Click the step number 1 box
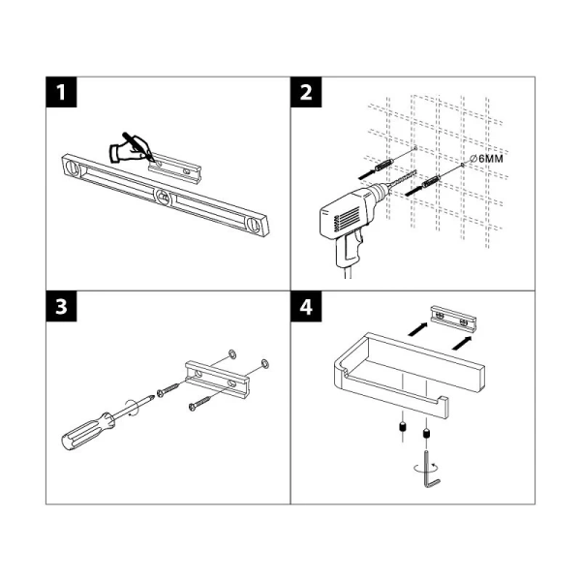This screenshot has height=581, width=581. (x=62, y=94)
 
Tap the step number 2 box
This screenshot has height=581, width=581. (x=305, y=94)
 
